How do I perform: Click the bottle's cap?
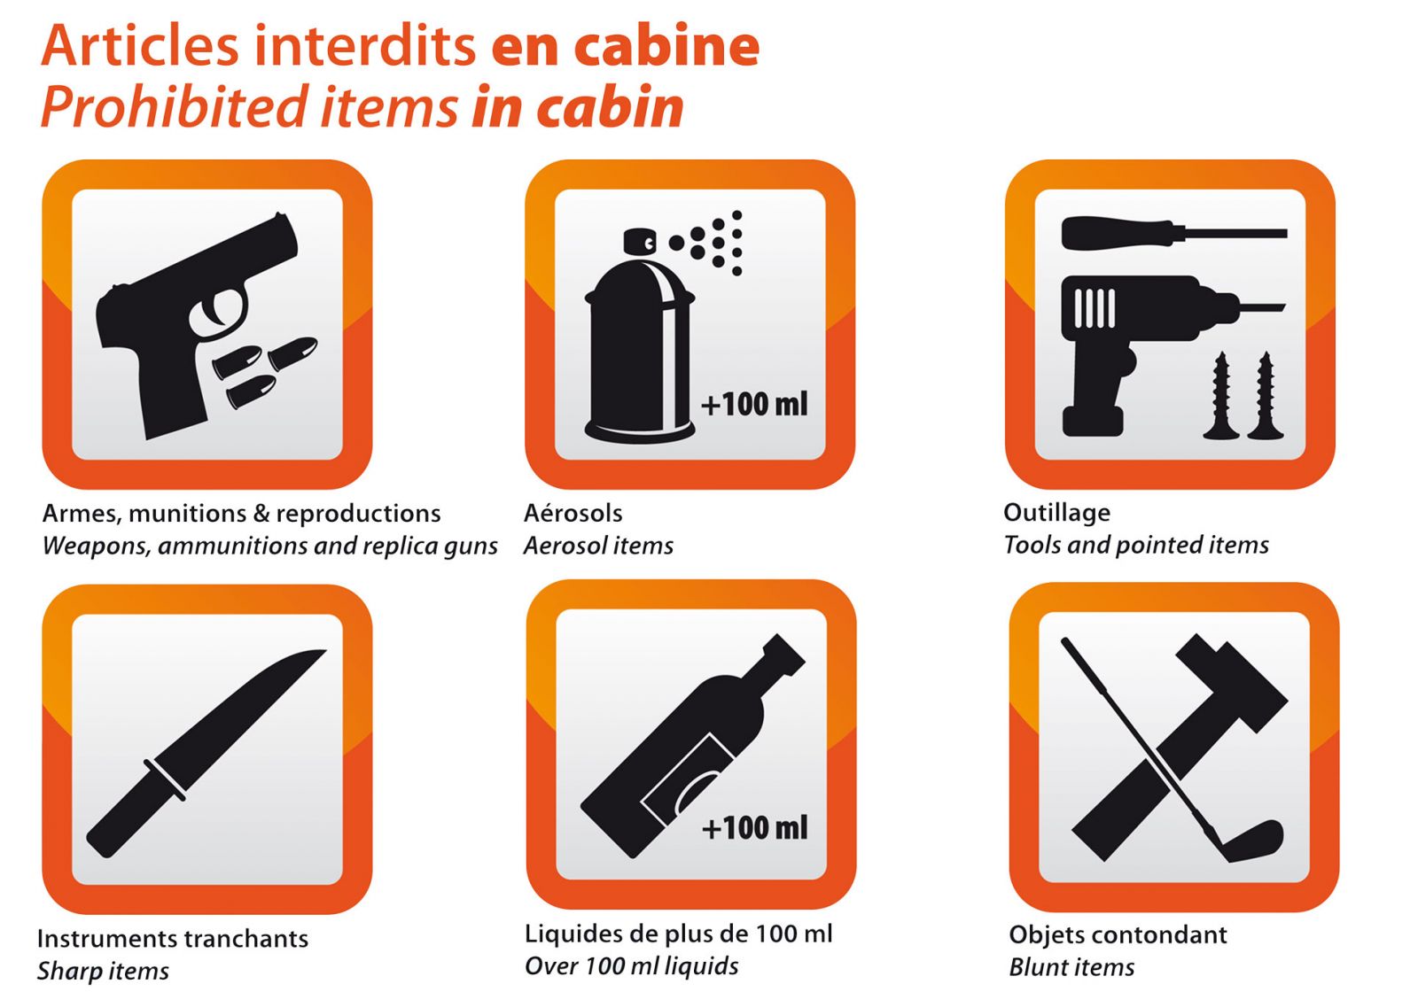tap(783, 655)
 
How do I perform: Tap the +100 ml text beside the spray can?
tap(754, 404)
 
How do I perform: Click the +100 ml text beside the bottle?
tap(755, 827)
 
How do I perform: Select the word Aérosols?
tap(573, 513)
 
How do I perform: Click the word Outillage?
tap(1056, 513)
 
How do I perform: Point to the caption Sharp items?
tap(103, 971)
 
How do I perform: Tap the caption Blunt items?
tap(1071, 966)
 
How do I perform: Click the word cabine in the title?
tap(666, 45)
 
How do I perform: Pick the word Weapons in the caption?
tap(95, 546)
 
